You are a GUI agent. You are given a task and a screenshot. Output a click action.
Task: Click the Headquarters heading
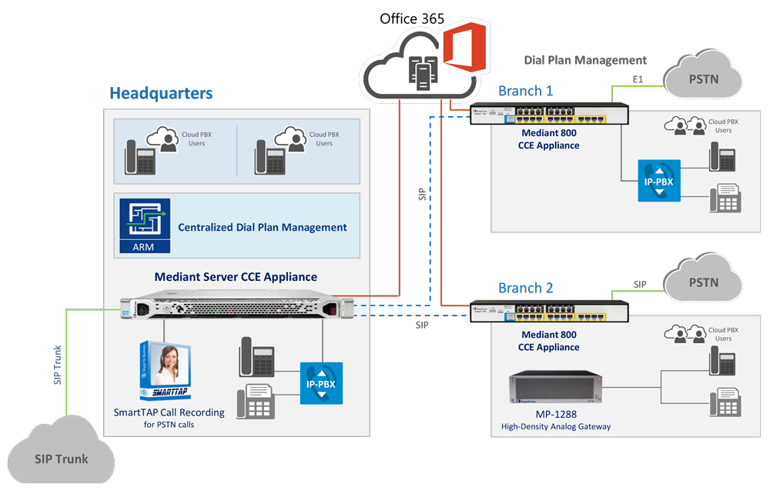pos(160,94)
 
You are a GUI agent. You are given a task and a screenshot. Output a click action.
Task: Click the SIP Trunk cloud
pos(62,459)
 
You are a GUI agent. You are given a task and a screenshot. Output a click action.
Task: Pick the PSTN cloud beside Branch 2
pos(703,282)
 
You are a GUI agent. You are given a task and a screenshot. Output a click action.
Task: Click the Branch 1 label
pos(525,91)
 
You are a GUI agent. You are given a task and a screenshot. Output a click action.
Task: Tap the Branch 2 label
pos(525,289)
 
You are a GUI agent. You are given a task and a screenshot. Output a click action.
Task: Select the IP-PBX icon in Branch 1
pos(659,181)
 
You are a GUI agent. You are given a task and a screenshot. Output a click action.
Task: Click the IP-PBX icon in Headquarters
pos(321,382)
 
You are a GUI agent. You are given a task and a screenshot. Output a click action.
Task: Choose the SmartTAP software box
pos(165,372)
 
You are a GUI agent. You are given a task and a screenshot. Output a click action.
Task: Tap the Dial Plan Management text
pos(585,60)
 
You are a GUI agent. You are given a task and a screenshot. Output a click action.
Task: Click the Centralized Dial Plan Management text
pos(262,227)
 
